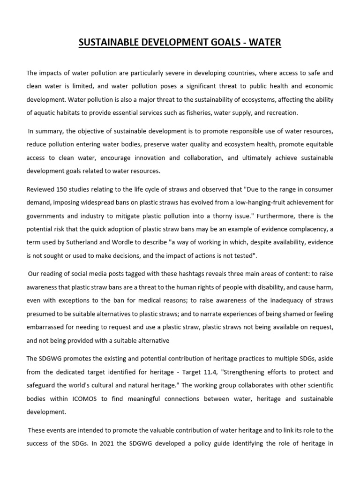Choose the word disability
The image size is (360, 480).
pos(273,286)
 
